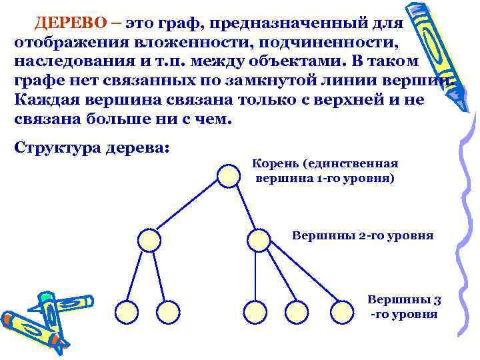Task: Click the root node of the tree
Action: [228, 175]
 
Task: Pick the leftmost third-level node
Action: [126, 310]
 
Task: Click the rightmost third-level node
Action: [343, 310]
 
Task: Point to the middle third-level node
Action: [254, 310]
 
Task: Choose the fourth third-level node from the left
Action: [296, 310]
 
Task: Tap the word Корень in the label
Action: [273, 163]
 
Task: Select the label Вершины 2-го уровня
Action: [363, 235]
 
